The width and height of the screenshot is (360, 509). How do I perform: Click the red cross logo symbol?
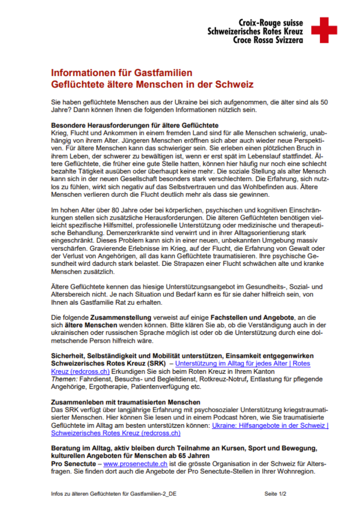pyautogui.click(x=324, y=30)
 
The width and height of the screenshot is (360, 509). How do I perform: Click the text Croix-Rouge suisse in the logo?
pyautogui.click(x=271, y=23)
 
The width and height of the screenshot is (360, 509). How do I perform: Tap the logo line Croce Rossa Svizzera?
pyautogui.click(x=268, y=40)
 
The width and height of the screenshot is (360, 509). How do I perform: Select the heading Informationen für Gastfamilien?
pyautogui.click(x=122, y=73)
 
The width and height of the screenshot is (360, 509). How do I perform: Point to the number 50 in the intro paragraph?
pyautogui.click(x=324, y=102)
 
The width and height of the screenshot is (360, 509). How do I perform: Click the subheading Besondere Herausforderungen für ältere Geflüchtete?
pyautogui.click(x=135, y=125)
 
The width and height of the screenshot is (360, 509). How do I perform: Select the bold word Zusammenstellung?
pyautogui.click(x=121, y=317)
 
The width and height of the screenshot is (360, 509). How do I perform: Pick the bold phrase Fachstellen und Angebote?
pyautogui.click(x=252, y=317)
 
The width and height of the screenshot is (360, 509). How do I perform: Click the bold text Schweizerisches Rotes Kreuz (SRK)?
pyautogui.click(x=108, y=364)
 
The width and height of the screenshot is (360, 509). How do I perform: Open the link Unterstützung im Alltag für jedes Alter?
pyautogui.click(x=231, y=364)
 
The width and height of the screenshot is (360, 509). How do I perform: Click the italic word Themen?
pyautogui.click(x=64, y=379)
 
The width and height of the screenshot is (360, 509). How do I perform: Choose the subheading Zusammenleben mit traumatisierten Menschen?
pyautogui.click(x=126, y=402)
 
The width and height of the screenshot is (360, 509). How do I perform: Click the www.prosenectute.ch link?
pyautogui.click(x=135, y=464)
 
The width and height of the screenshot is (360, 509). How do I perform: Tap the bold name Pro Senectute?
pyautogui.click(x=73, y=464)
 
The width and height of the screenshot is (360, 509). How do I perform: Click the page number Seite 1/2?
pyautogui.click(x=275, y=494)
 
